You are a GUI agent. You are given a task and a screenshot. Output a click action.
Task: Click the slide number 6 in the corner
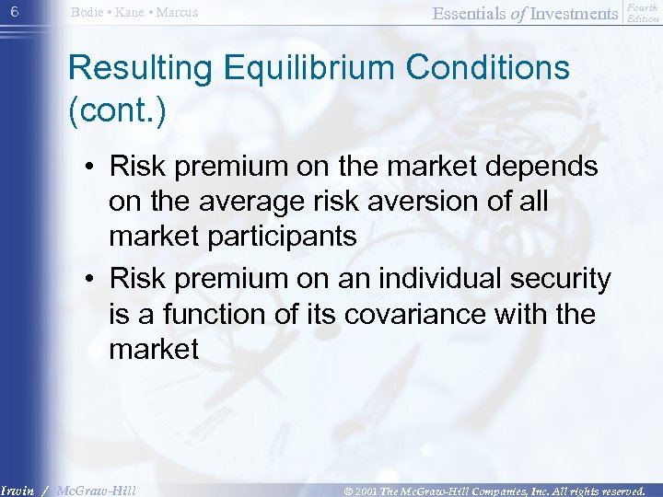pyautogui.click(x=14, y=11)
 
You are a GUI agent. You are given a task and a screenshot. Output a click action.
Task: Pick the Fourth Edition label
pyautogui.click(x=643, y=13)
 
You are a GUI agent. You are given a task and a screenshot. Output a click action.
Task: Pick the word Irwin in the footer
pyautogui.click(x=19, y=491)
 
